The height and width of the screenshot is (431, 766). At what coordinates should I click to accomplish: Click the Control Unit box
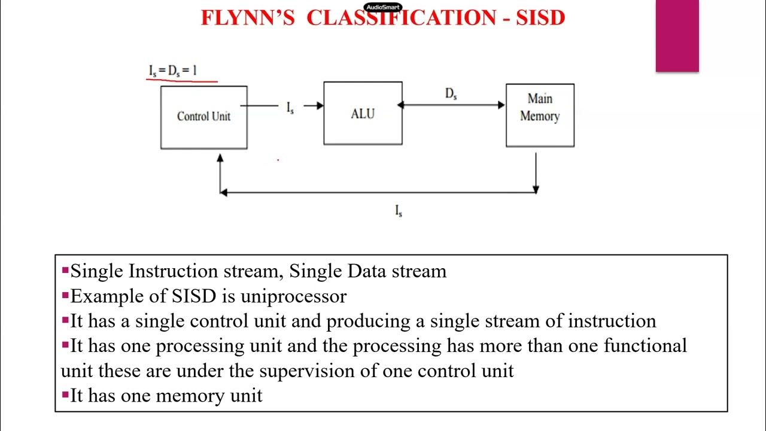pyautogui.click(x=203, y=117)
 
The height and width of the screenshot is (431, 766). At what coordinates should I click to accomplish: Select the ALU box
pyautogui.click(x=363, y=114)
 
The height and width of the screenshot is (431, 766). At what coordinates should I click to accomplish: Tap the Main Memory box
pyautogui.click(x=540, y=115)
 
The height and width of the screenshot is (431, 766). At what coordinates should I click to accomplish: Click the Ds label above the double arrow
pyautogui.click(x=451, y=94)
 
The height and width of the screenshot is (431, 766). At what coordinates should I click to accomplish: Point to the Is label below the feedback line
pyautogui.click(x=399, y=211)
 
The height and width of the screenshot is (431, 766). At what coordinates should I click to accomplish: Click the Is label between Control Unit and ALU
pyautogui.click(x=290, y=108)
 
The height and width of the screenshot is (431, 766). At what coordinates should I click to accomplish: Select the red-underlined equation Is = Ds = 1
pyautogui.click(x=173, y=71)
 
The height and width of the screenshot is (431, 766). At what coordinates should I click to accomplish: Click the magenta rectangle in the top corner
pyautogui.click(x=677, y=36)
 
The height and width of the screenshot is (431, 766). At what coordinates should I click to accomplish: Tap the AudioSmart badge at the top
pyautogui.click(x=383, y=8)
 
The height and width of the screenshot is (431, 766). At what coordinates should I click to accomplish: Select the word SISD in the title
pyautogui.click(x=542, y=18)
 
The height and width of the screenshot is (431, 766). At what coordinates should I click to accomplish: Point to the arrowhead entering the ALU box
pyautogui.click(x=320, y=106)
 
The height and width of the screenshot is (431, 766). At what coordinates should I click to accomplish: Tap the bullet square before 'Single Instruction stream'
pyautogui.click(x=65, y=271)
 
